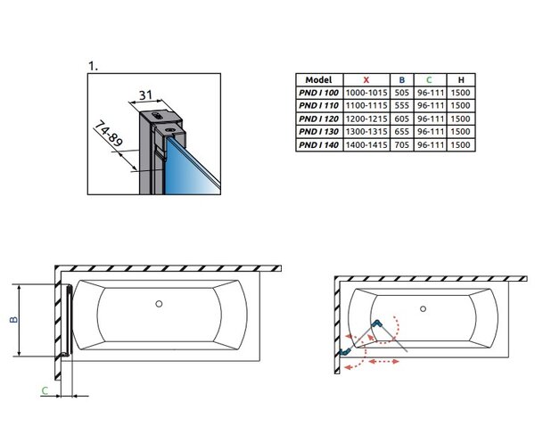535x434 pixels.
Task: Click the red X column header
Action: coord(366,80)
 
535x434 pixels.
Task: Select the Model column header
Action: coord(318,80)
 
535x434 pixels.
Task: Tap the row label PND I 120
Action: coord(318,119)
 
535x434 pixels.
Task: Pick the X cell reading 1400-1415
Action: coord(366,145)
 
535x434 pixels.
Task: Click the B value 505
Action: coord(401,93)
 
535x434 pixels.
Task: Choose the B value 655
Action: coord(401,132)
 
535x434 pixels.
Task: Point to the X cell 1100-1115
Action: coord(366,106)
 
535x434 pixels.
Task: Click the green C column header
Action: coord(429,80)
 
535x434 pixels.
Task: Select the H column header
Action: coord(461,80)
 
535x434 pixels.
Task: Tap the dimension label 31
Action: coord(145,94)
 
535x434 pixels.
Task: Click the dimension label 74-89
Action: coord(108,134)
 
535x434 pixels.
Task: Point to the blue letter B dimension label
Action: coord(13,319)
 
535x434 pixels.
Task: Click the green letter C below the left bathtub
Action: coord(45,390)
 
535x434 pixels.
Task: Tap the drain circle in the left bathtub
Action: coord(159,304)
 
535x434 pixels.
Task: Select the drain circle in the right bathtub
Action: coord(423,309)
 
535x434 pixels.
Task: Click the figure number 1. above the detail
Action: coord(93,66)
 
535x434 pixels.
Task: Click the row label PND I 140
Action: coord(318,145)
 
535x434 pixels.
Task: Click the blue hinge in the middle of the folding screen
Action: coord(376,323)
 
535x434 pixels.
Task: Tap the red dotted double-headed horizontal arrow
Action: coord(383,362)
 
